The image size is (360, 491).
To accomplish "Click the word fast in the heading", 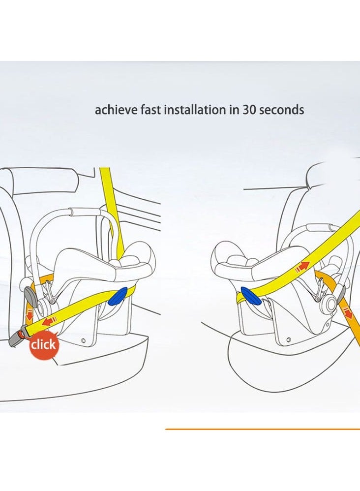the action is coord(151,110).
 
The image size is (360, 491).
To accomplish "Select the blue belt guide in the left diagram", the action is coord(118,296).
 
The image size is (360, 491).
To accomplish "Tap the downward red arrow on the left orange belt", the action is coord(30,316).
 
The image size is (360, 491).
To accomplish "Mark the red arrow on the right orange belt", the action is coord(348,313).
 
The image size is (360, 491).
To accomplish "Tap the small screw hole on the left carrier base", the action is coord(83,340).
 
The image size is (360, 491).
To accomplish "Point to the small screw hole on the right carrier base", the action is coord(289,339).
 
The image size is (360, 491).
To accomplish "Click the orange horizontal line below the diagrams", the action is coord(263,429).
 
